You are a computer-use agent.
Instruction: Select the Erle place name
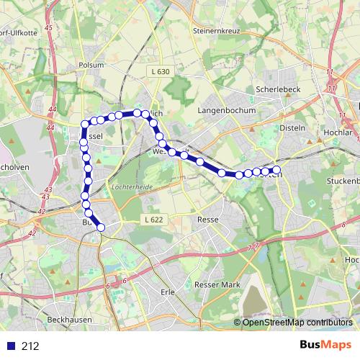(x=168, y=292)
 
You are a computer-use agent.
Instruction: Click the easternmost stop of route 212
(x=276, y=170)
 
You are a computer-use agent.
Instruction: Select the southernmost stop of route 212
(x=101, y=228)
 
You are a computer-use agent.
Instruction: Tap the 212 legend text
(x=30, y=346)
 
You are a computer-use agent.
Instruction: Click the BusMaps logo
(x=325, y=345)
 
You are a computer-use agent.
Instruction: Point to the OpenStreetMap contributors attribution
(x=297, y=323)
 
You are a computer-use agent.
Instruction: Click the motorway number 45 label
(x=48, y=27)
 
